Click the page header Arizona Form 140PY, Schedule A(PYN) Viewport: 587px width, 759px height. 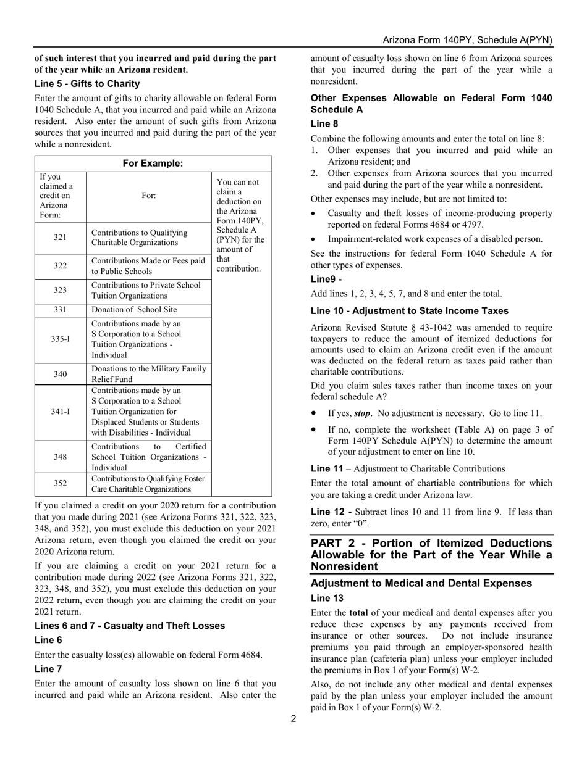[467, 40]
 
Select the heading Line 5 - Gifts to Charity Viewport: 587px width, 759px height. [87, 83]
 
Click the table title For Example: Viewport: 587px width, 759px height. [153, 164]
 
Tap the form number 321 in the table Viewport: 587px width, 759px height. [61, 238]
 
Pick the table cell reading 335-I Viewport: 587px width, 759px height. [61, 340]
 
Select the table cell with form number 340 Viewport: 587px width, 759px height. [61, 374]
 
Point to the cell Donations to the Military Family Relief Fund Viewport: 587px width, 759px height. [148, 374]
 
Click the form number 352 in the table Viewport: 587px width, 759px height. [61, 484]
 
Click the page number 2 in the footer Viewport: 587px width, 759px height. [293, 718]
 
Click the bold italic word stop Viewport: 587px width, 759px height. [362, 413]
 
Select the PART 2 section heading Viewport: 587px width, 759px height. [431, 554]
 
